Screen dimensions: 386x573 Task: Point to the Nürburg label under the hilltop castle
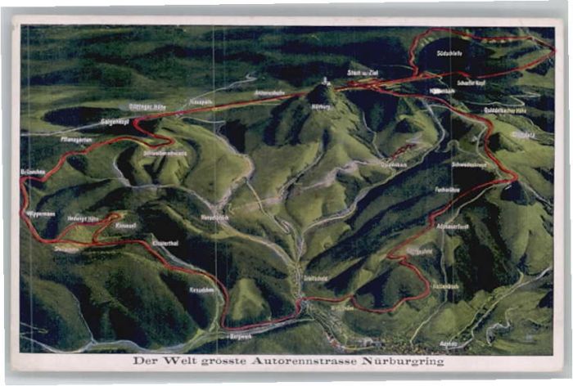point(320,105)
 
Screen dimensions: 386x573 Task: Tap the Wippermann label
point(40,213)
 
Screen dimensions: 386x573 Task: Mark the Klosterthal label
point(165,244)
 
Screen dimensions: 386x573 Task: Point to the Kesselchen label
point(201,289)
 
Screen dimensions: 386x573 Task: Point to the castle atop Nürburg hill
point(325,82)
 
